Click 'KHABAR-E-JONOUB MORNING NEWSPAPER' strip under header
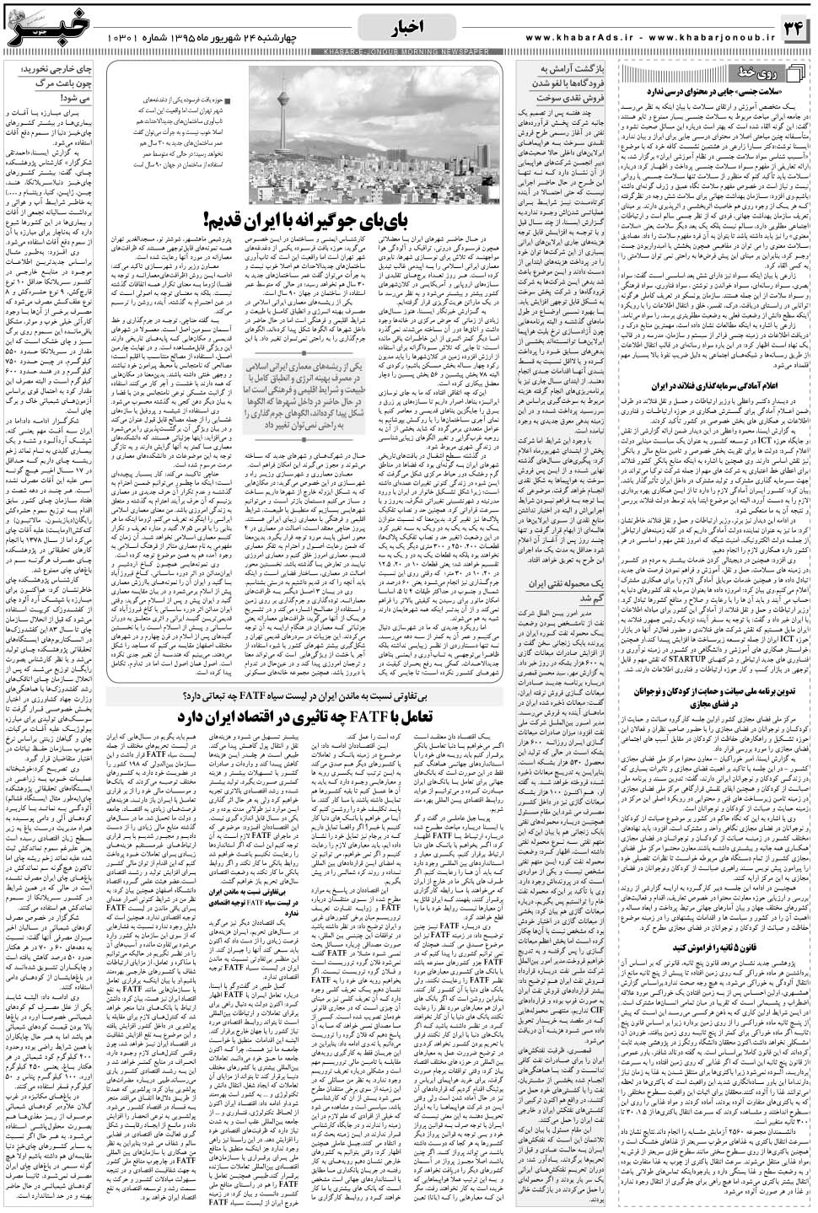[x=408, y=53]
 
